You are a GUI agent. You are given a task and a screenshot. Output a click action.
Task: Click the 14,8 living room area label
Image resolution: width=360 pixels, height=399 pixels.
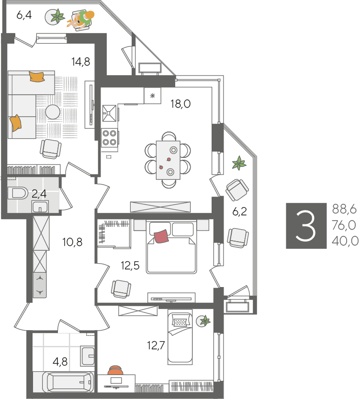81,62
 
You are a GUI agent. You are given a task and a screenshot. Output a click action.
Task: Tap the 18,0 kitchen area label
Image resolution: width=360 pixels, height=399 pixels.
180,104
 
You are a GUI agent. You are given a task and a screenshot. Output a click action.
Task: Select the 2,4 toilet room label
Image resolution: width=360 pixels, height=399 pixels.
39,194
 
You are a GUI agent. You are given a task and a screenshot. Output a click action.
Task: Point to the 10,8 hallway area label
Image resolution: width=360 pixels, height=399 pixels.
73,242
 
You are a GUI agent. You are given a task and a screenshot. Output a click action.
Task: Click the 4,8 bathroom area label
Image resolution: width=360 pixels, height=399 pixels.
60,361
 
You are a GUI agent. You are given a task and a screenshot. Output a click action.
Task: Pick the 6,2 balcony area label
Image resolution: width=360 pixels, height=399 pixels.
239,211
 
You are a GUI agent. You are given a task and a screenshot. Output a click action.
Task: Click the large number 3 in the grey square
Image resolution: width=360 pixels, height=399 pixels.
305,226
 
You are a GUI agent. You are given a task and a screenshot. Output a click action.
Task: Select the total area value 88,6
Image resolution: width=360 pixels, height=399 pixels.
344,210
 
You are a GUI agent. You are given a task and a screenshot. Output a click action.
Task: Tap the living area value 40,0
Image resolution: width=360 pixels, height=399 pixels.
345,241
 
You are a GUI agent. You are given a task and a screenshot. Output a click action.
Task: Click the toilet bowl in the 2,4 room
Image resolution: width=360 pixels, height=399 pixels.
18,193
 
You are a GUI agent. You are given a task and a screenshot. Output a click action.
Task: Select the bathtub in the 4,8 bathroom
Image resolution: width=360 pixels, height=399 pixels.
67,382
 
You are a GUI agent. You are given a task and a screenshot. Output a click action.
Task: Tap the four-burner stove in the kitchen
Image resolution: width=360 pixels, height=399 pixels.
110,138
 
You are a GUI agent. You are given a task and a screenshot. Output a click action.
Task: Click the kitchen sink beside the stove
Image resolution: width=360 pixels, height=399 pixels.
109,113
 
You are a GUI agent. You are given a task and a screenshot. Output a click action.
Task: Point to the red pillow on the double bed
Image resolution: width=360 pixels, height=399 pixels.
161,236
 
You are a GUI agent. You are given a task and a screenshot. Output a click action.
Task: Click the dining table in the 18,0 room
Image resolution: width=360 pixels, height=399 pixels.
169,160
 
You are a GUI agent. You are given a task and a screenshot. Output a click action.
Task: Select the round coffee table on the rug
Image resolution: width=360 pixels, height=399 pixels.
53,112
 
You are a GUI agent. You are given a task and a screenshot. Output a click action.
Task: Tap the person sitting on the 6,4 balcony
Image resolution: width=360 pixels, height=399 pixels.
81,19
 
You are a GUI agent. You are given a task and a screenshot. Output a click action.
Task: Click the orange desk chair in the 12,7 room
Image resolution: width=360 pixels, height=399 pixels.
115,370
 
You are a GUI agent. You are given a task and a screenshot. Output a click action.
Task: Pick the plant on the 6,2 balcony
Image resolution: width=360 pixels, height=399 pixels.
239,163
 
